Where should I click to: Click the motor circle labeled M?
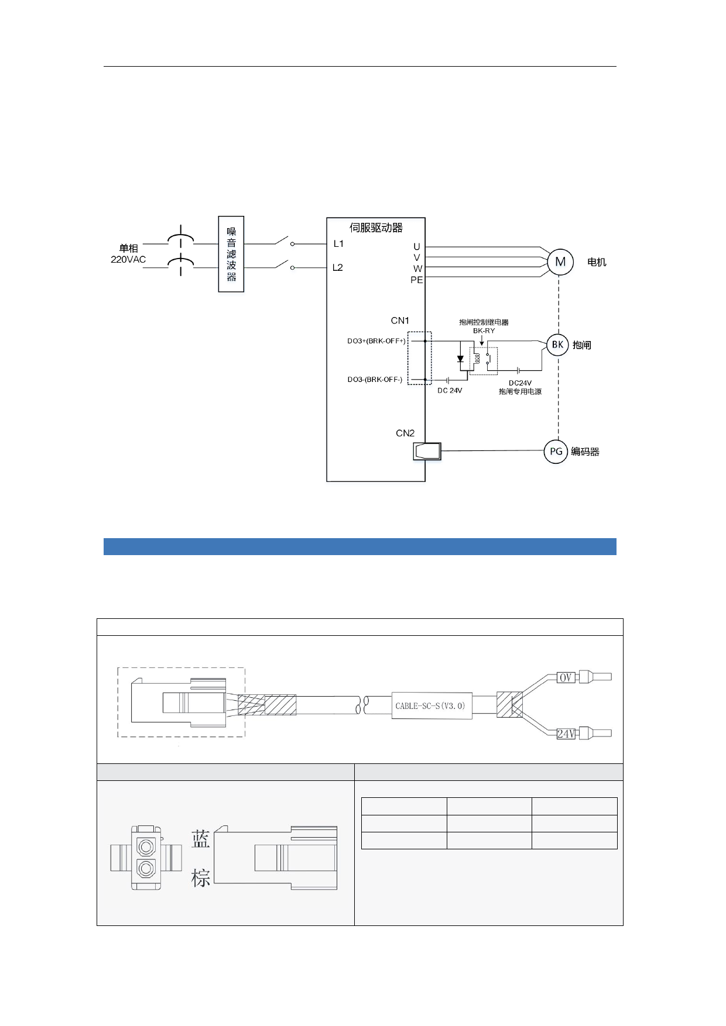click(560, 262)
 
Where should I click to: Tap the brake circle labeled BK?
click(557, 345)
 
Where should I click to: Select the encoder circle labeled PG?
click(556, 451)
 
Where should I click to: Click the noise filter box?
click(231, 254)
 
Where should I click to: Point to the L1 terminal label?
click(338, 244)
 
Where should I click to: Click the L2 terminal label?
click(338, 267)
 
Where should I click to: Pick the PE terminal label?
click(416, 280)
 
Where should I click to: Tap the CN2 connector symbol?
click(427, 451)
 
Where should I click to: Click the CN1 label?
click(400, 321)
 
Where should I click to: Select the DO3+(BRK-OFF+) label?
click(376, 341)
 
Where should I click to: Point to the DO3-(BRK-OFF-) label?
click(375, 380)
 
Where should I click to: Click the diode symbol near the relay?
click(460, 359)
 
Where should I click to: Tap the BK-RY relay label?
click(484, 330)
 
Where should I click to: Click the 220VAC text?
click(128, 260)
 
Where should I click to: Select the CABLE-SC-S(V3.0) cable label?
click(431, 706)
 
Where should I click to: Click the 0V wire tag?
click(566, 677)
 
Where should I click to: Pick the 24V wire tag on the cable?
click(566, 734)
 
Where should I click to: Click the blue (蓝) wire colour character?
click(200, 840)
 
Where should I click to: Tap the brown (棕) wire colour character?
click(200, 878)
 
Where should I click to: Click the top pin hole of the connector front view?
click(146, 846)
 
